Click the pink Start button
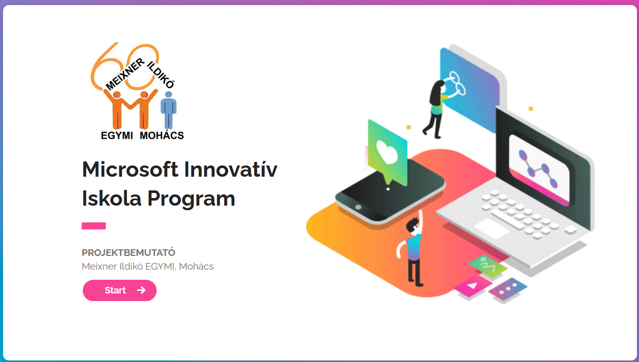[x=120, y=290]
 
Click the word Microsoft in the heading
[x=130, y=169]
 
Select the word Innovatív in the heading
[x=230, y=169]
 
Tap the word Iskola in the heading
[x=112, y=198]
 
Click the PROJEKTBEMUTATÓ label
[x=128, y=253]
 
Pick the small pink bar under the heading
[x=93, y=226]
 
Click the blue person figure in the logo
[x=168, y=110]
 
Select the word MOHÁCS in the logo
[x=162, y=136]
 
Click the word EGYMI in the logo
[x=117, y=136]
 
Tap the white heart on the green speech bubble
[x=387, y=152]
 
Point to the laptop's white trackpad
[x=491, y=228]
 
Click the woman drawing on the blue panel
[x=435, y=109]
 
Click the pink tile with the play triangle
[x=473, y=286]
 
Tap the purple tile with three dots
[x=508, y=289]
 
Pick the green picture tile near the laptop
[x=488, y=266]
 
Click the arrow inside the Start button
[x=141, y=290]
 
